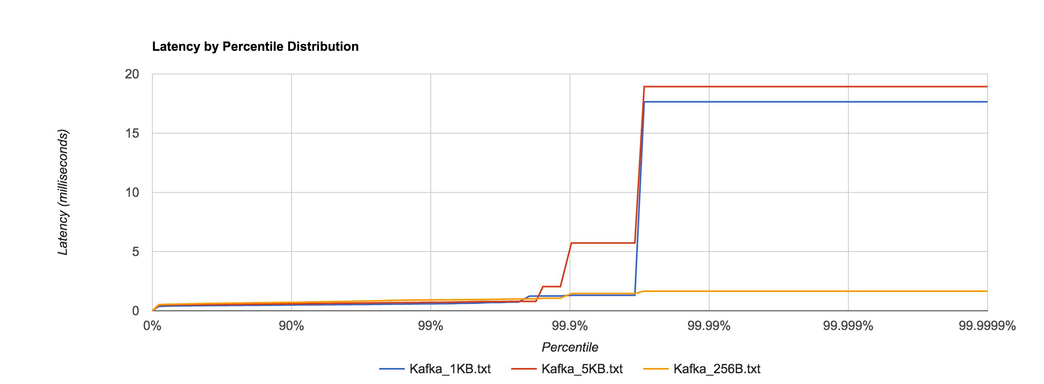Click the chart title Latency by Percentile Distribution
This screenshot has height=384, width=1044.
pyautogui.click(x=255, y=47)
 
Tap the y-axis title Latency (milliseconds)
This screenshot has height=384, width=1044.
pyautogui.click(x=63, y=192)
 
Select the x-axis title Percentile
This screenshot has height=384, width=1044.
pyautogui.click(x=570, y=347)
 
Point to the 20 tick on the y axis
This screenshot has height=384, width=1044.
pyautogui.click(x=132, y=74)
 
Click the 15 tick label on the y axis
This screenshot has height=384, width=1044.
pyautogui.click(x=132, y=134)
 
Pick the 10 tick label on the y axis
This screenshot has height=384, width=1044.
pyautogui.click(x=132, y=193)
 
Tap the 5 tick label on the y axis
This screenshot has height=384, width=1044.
pyautogui.click(x=135, y=252)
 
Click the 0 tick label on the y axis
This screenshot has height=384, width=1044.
pyautogui.click(x=135, y=311)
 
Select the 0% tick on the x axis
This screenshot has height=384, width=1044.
pyautogui.click(x=152, y=326)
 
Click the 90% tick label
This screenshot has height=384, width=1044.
pyautogui.click(x=291, y=326)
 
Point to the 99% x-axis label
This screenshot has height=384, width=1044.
pyautogui.click(x=430, y=326)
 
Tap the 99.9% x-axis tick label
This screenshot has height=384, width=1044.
pyautogui.click(x=570, y=326)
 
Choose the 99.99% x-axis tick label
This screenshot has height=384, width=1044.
pyautogui.click(x=708, y=326)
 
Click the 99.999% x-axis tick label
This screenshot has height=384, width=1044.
pyautogui.click(x=848, y=326)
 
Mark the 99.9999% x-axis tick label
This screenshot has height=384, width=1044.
pyautogui.click(x=987, y=326)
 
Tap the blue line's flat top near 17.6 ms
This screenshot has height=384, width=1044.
pyautogui.click(x=810, y=102)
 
